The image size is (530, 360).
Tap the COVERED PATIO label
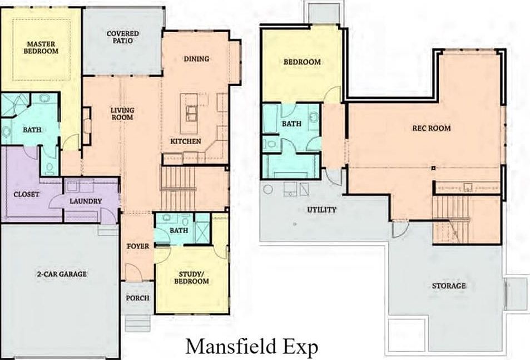tap(123, 37)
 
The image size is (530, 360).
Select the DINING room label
tap(196, 59)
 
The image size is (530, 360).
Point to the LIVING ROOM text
tap(122, 114)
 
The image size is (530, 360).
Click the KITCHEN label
tap(186, 141)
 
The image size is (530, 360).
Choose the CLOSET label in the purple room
tap(26, 194)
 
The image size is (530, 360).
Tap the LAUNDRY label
tap(86, 201)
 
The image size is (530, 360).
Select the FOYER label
tap(137, 246)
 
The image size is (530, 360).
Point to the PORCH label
tap(137, 298)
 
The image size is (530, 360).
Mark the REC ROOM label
tap(431, 128)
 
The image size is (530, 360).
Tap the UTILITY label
tap(322, 210)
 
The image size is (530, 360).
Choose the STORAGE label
tap(449, 285)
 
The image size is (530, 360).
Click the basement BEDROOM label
tap(302, 62)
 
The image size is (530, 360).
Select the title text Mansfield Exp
tap(251, 346)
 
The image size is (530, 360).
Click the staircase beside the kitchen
tap(179, 189)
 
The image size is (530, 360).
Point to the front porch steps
tap(137, 322)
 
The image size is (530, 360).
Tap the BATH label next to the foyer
tap(179, 230)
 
